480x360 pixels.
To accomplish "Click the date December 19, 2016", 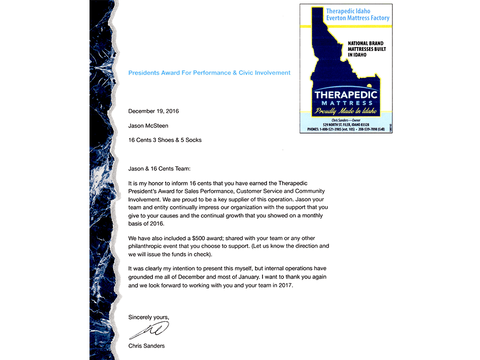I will tap(153, 111).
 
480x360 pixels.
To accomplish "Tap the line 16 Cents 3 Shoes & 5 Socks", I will tap(165, 140).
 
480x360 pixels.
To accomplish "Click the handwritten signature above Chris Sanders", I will tap(149, 330).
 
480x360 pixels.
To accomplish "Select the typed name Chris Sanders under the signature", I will tap(146, 346).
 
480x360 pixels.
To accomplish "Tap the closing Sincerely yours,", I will tap(149, 317).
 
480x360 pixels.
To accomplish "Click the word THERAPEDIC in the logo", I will tap(346, 94).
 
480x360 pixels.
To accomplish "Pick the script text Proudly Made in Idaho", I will tap(345, 111).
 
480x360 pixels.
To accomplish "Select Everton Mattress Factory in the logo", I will tap(357, 18).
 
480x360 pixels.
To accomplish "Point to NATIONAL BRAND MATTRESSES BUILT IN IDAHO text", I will tap(367, 49).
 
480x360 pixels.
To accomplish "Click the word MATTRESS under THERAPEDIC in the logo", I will tap(346, 103).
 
